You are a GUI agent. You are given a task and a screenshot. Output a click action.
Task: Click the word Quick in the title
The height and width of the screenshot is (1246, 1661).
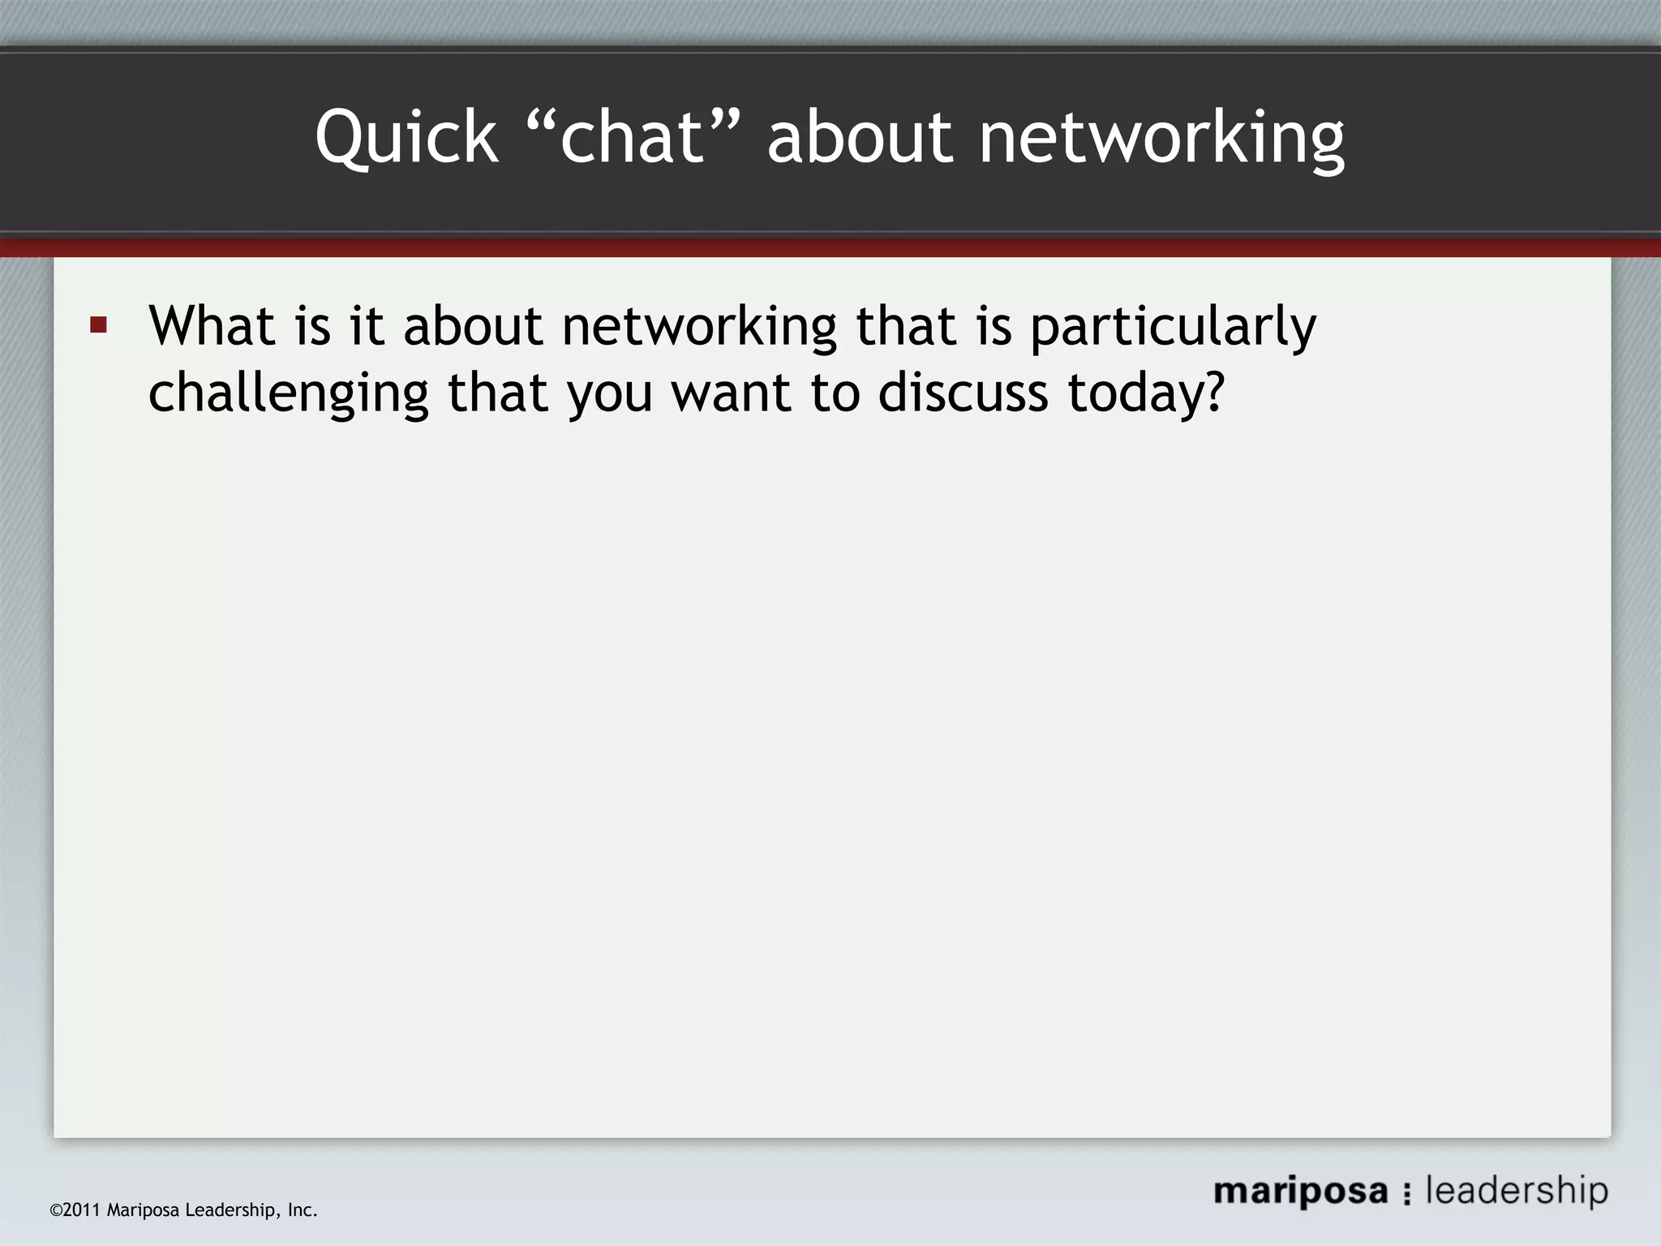point(406,138)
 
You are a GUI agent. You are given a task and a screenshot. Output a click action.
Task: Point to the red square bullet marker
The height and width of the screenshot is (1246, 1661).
point(99,326)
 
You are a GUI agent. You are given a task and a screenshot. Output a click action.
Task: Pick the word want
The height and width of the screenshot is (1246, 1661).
point(731,393)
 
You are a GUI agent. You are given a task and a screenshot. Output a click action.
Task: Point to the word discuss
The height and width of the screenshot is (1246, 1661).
point(963,393)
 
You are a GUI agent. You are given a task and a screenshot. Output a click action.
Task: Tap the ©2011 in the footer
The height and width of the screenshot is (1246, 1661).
point(75,1210)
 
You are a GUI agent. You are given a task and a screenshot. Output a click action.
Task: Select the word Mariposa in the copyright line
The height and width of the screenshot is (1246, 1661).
point(143,1210)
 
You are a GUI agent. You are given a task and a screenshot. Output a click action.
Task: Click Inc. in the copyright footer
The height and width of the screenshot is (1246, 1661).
point(303,1210)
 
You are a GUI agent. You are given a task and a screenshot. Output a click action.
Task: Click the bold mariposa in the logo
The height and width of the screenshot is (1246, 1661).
point(1300,1192)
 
